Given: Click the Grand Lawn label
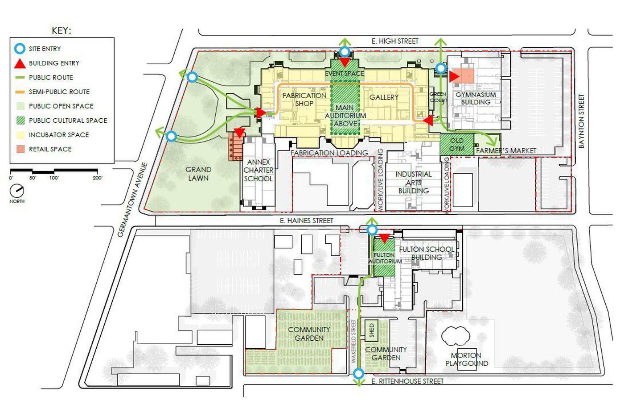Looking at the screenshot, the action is tap(198, 174).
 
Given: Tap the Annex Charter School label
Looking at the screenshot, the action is tap(259, 171).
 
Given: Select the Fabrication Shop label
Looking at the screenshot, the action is tap(304, 99).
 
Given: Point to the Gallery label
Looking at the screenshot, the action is tap(384, 97).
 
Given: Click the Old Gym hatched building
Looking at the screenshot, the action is tap(457, 145).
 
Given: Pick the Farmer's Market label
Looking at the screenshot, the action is tap(506, 150).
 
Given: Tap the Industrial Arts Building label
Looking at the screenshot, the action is tap(414, 183).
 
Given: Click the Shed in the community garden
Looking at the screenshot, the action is tap(372, 330).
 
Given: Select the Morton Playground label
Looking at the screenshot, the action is tap(467, 359).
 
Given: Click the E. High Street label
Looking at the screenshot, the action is tap(395, 41).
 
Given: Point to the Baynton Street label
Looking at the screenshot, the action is tap(581, 121).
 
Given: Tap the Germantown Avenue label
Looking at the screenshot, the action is tap(132, 200).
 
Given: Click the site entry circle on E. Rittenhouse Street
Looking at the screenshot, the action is tap(358, 373).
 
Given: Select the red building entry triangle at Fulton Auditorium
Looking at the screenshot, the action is tap(384, 238).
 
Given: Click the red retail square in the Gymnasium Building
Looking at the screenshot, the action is tap(463, 75).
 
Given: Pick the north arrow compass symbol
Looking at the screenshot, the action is tap(17, 191).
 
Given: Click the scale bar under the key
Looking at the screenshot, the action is tap(54, 171).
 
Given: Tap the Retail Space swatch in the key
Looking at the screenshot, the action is tap(21, 149).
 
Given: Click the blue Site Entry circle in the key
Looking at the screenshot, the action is tap(20, 49).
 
